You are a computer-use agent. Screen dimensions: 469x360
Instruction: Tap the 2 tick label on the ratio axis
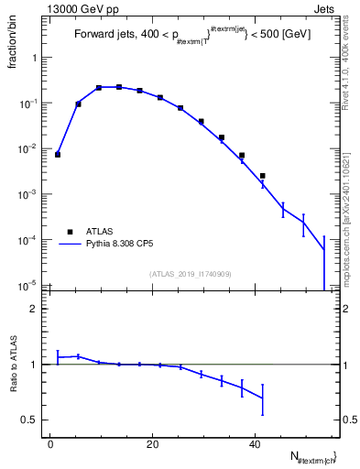pyautogui.click(x=36, y=309)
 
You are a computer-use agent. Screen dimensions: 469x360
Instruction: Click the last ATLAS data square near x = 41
pyautogui.click(x=262, y=176)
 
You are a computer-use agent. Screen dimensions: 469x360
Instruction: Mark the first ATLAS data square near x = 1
pyautogui.click(x=58, y=155)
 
